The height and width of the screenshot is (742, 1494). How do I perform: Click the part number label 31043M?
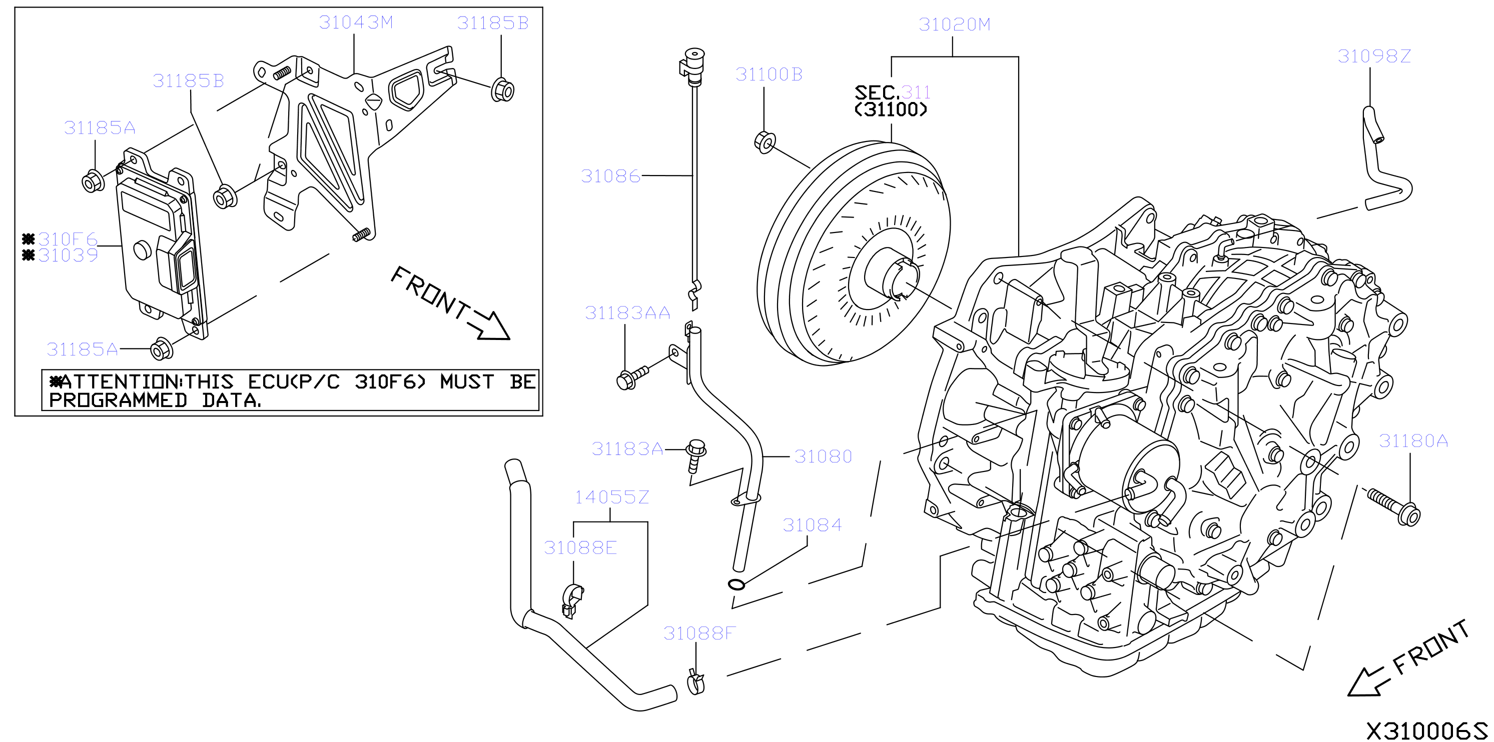(356, 22)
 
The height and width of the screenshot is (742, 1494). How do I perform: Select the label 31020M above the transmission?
(955, 24)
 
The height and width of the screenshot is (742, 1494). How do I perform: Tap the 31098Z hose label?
(1374, 56)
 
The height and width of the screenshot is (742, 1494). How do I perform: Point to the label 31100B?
(769, 74)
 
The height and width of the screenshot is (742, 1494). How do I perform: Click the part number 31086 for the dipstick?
(611, 176)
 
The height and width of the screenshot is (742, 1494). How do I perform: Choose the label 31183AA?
(627, 313)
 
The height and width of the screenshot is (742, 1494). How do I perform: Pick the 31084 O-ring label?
(812, 525)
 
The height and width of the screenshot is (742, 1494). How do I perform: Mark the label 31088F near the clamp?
(699, 633)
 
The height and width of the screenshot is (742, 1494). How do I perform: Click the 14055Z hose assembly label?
(612, 497)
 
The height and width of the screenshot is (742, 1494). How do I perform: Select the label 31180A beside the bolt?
(1413, 441)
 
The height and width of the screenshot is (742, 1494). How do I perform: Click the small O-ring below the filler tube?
(736, 584)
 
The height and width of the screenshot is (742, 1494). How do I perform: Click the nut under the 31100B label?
(765, 142)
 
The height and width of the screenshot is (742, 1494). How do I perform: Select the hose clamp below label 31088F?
(696, 682)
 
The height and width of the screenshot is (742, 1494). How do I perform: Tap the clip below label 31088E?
(572, 600)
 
